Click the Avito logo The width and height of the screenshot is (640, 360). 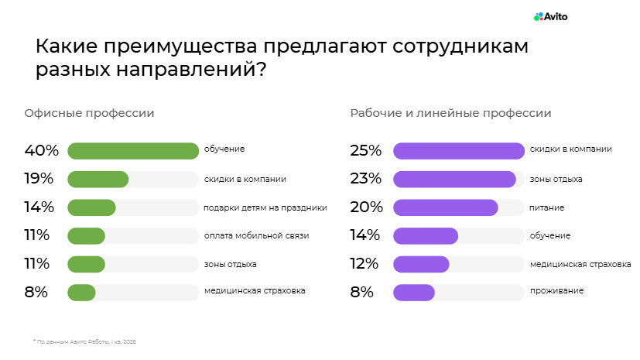550,16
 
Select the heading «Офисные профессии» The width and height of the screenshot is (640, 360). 89,113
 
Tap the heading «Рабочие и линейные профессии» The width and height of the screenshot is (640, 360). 450,113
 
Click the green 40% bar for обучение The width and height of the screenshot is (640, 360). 133,150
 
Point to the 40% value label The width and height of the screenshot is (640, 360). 42,150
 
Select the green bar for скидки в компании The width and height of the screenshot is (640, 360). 98,179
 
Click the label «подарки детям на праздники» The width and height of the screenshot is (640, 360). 265,207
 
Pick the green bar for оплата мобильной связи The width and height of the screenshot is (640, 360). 86,235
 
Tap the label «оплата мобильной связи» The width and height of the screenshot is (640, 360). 256,235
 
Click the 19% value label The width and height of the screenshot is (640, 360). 39,179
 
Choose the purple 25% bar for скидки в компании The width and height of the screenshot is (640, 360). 459,150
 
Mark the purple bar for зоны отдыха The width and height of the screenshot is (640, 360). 454,179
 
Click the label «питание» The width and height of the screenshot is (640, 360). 547,207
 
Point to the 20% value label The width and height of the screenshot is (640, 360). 366,207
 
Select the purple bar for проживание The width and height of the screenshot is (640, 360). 414,292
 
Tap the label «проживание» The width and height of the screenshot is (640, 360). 556,291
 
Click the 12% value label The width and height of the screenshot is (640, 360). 364,263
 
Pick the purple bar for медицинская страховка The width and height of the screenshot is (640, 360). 421,264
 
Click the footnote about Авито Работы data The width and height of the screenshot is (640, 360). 84,341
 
